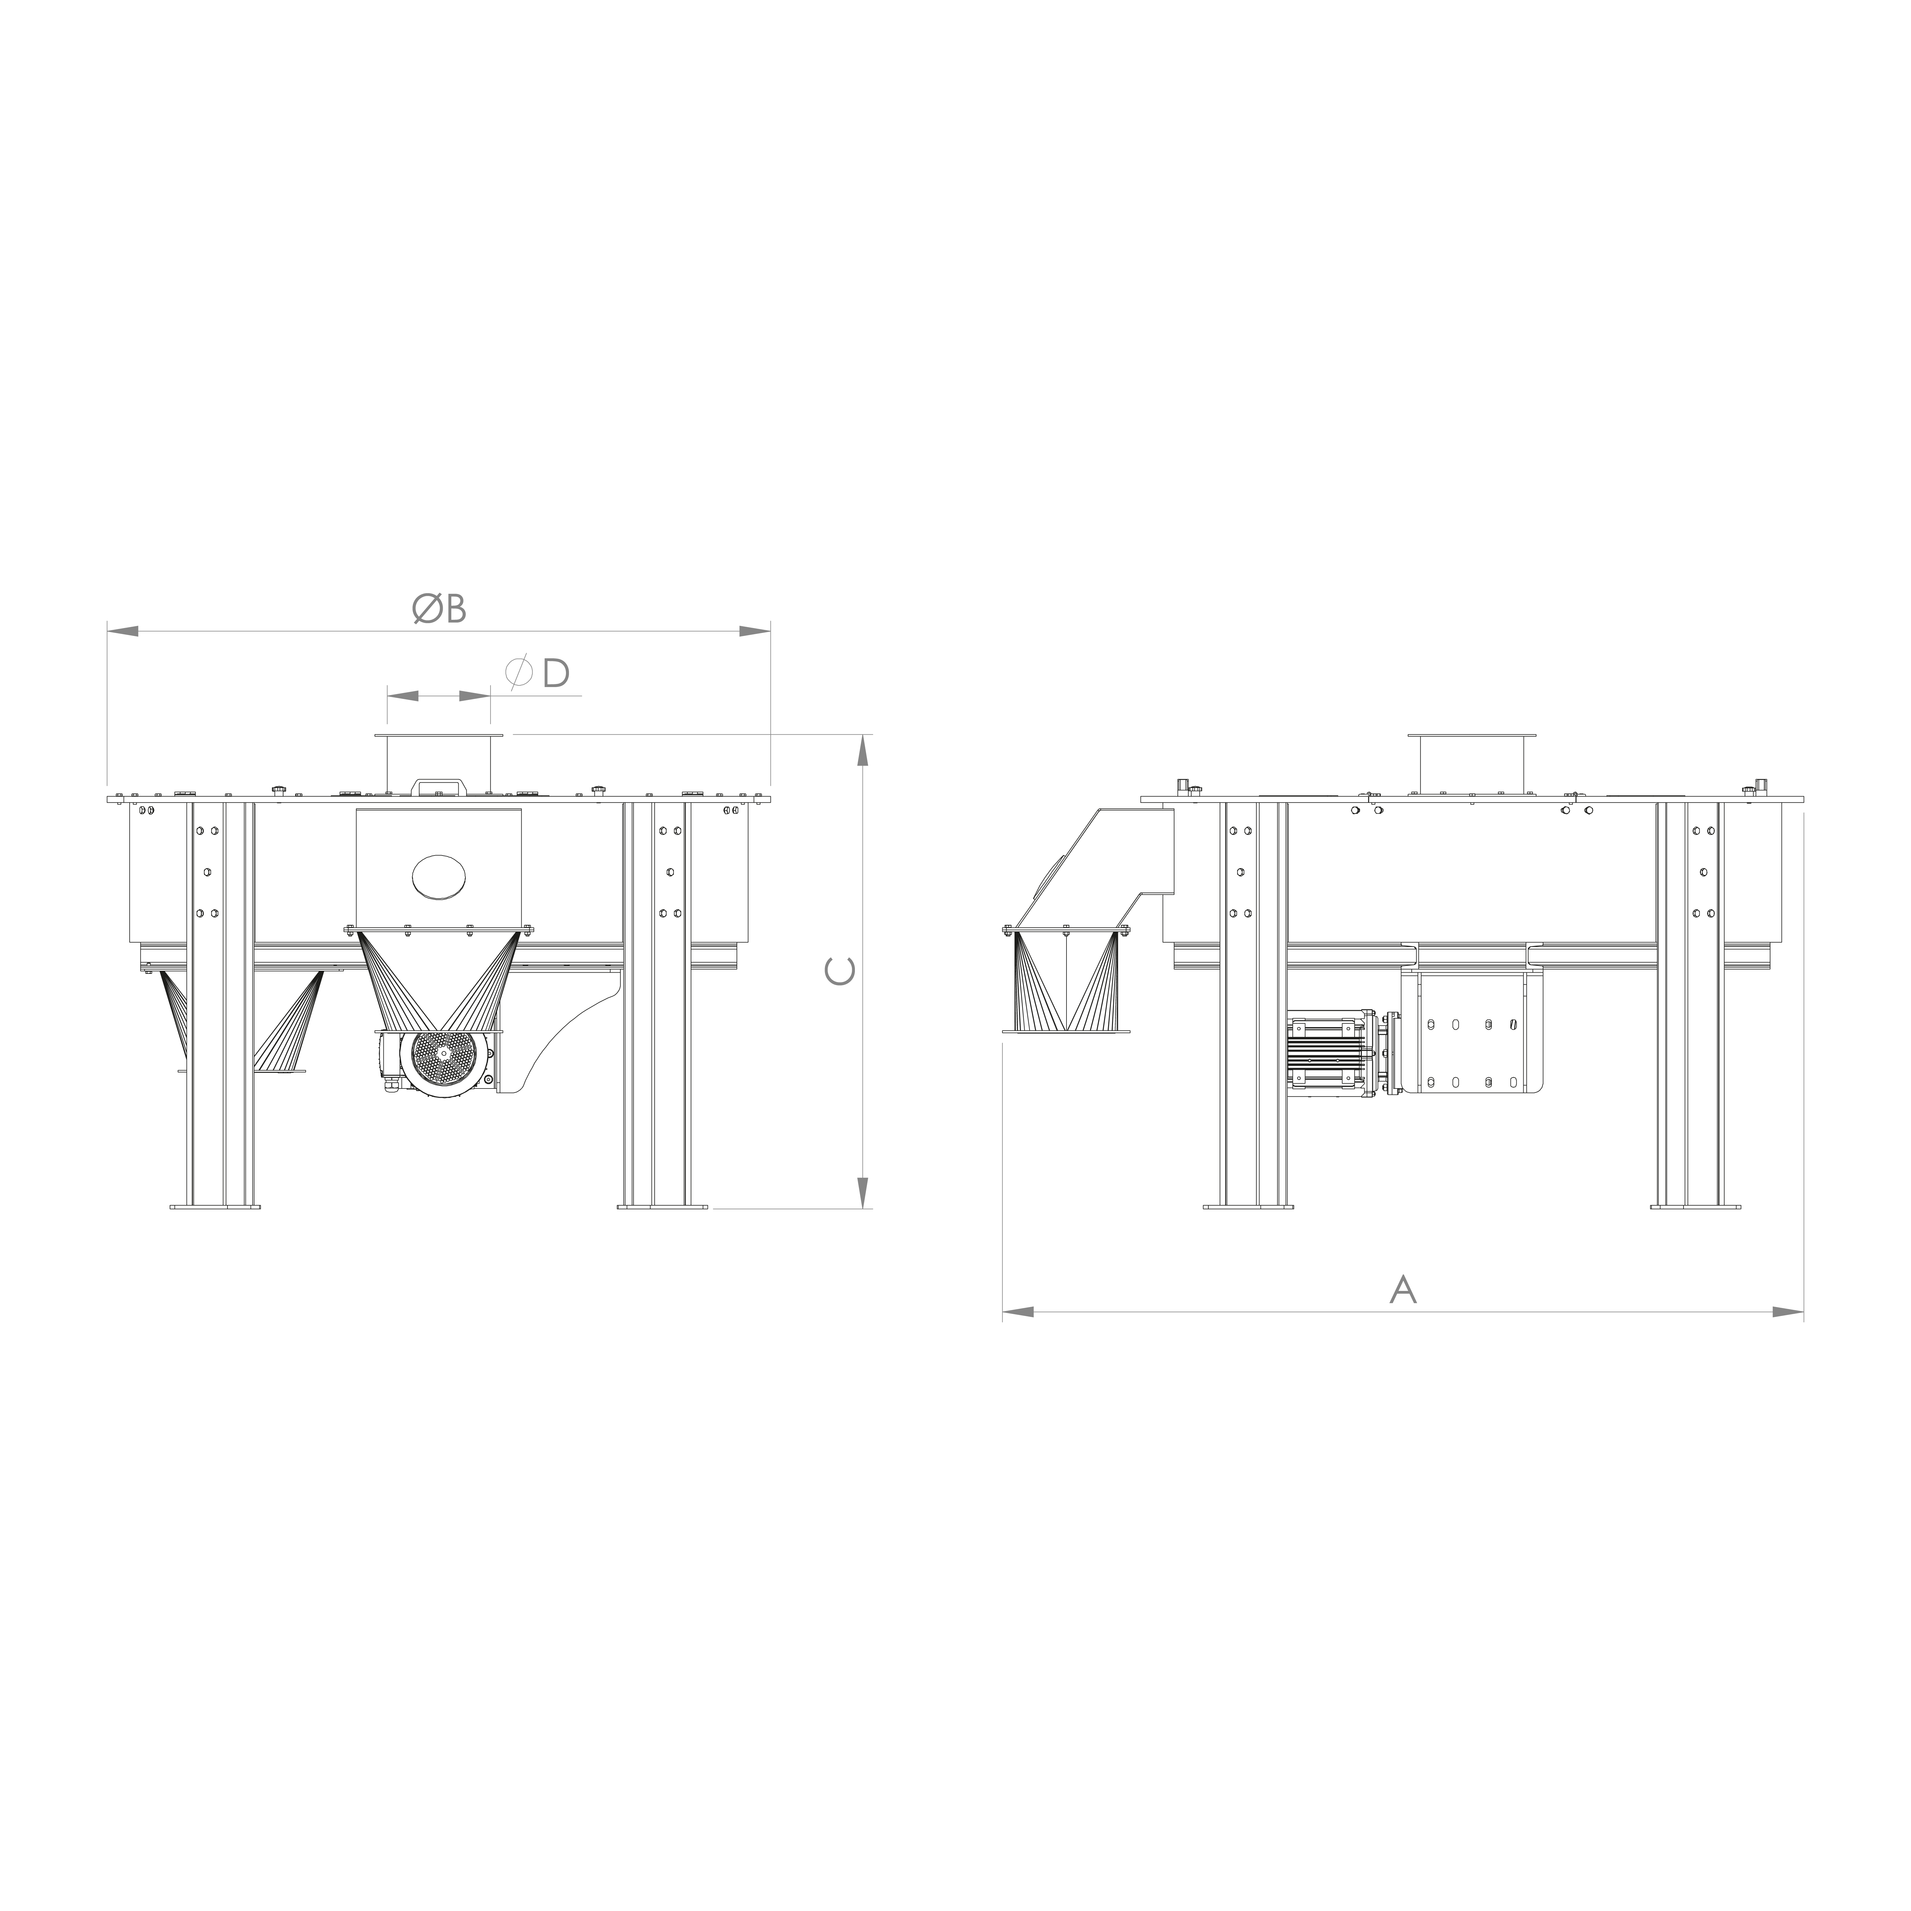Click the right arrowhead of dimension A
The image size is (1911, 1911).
[x=1788, y=1312]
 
